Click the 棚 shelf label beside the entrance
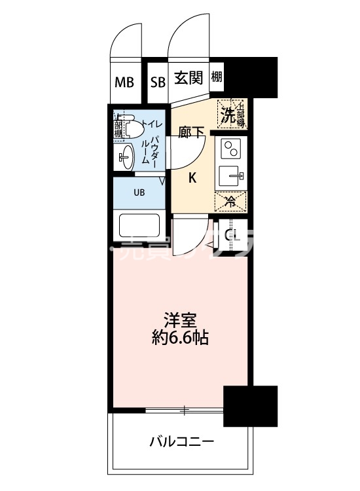(217, 77)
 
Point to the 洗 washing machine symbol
(228, 115)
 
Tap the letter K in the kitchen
(193, 177)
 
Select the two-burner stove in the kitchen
(232, 151)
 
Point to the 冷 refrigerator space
(231, 201)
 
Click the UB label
(139, 192)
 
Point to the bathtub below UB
(139, 227)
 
